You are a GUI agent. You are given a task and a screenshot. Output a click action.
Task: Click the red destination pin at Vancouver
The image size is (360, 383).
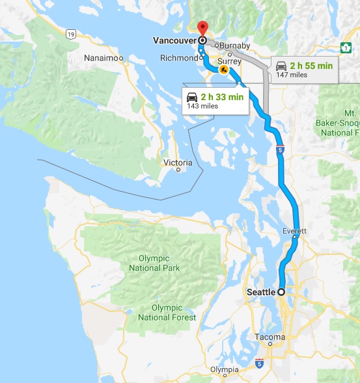(202, 28)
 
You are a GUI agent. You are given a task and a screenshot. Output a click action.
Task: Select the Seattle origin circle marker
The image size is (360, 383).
(282, 292)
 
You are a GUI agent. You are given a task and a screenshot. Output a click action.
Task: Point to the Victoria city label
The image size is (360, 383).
(178, 162)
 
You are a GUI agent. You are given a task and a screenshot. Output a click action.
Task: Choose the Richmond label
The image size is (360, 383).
(178, 58)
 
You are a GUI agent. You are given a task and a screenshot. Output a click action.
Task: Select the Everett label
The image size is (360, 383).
(294, 231)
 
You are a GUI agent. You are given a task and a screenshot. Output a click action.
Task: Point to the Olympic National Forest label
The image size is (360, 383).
(167, 312)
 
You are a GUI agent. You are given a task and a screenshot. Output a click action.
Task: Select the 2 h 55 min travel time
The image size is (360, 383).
(312, 66)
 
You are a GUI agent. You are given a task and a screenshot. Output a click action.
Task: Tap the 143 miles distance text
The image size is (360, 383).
(202, 106)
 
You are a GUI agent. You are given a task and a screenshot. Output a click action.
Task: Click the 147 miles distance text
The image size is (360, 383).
(292, 75)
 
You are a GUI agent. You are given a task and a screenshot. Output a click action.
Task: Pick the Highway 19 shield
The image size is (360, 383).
(70, 33)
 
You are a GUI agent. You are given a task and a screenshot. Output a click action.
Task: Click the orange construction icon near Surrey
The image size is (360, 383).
(223, 70)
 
